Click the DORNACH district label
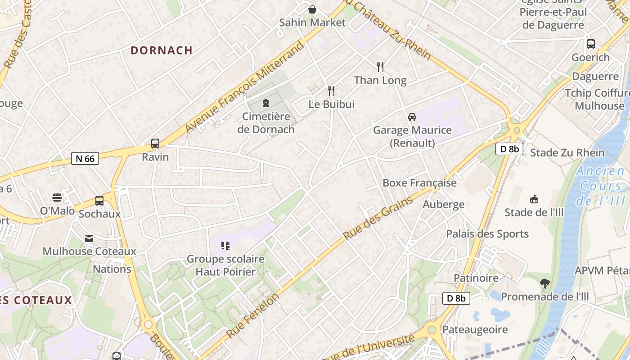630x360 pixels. click(162, 50)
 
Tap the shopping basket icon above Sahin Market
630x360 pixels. click(312, 9)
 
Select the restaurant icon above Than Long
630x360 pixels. click(380, 67)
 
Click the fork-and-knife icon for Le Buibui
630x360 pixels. click(331, 91)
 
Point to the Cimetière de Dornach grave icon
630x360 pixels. click(266, 103)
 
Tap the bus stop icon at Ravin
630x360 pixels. click(155, 144)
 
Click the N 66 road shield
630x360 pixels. click(85, 158)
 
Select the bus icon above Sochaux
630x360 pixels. click(99, 201)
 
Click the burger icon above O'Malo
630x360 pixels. click(57, 198)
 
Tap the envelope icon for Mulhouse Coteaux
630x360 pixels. click(89, 238)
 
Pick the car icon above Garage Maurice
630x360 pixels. click(412, 117)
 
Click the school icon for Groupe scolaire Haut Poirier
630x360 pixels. click(225, 246)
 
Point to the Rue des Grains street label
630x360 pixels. click(378, 218)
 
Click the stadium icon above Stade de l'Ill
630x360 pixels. click(534, 199)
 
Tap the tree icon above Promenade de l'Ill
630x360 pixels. click(545, 283)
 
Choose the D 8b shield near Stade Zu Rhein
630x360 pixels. click(509, 149)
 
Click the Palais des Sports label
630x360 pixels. click(487, 234)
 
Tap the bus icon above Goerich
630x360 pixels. click(591, 44)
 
